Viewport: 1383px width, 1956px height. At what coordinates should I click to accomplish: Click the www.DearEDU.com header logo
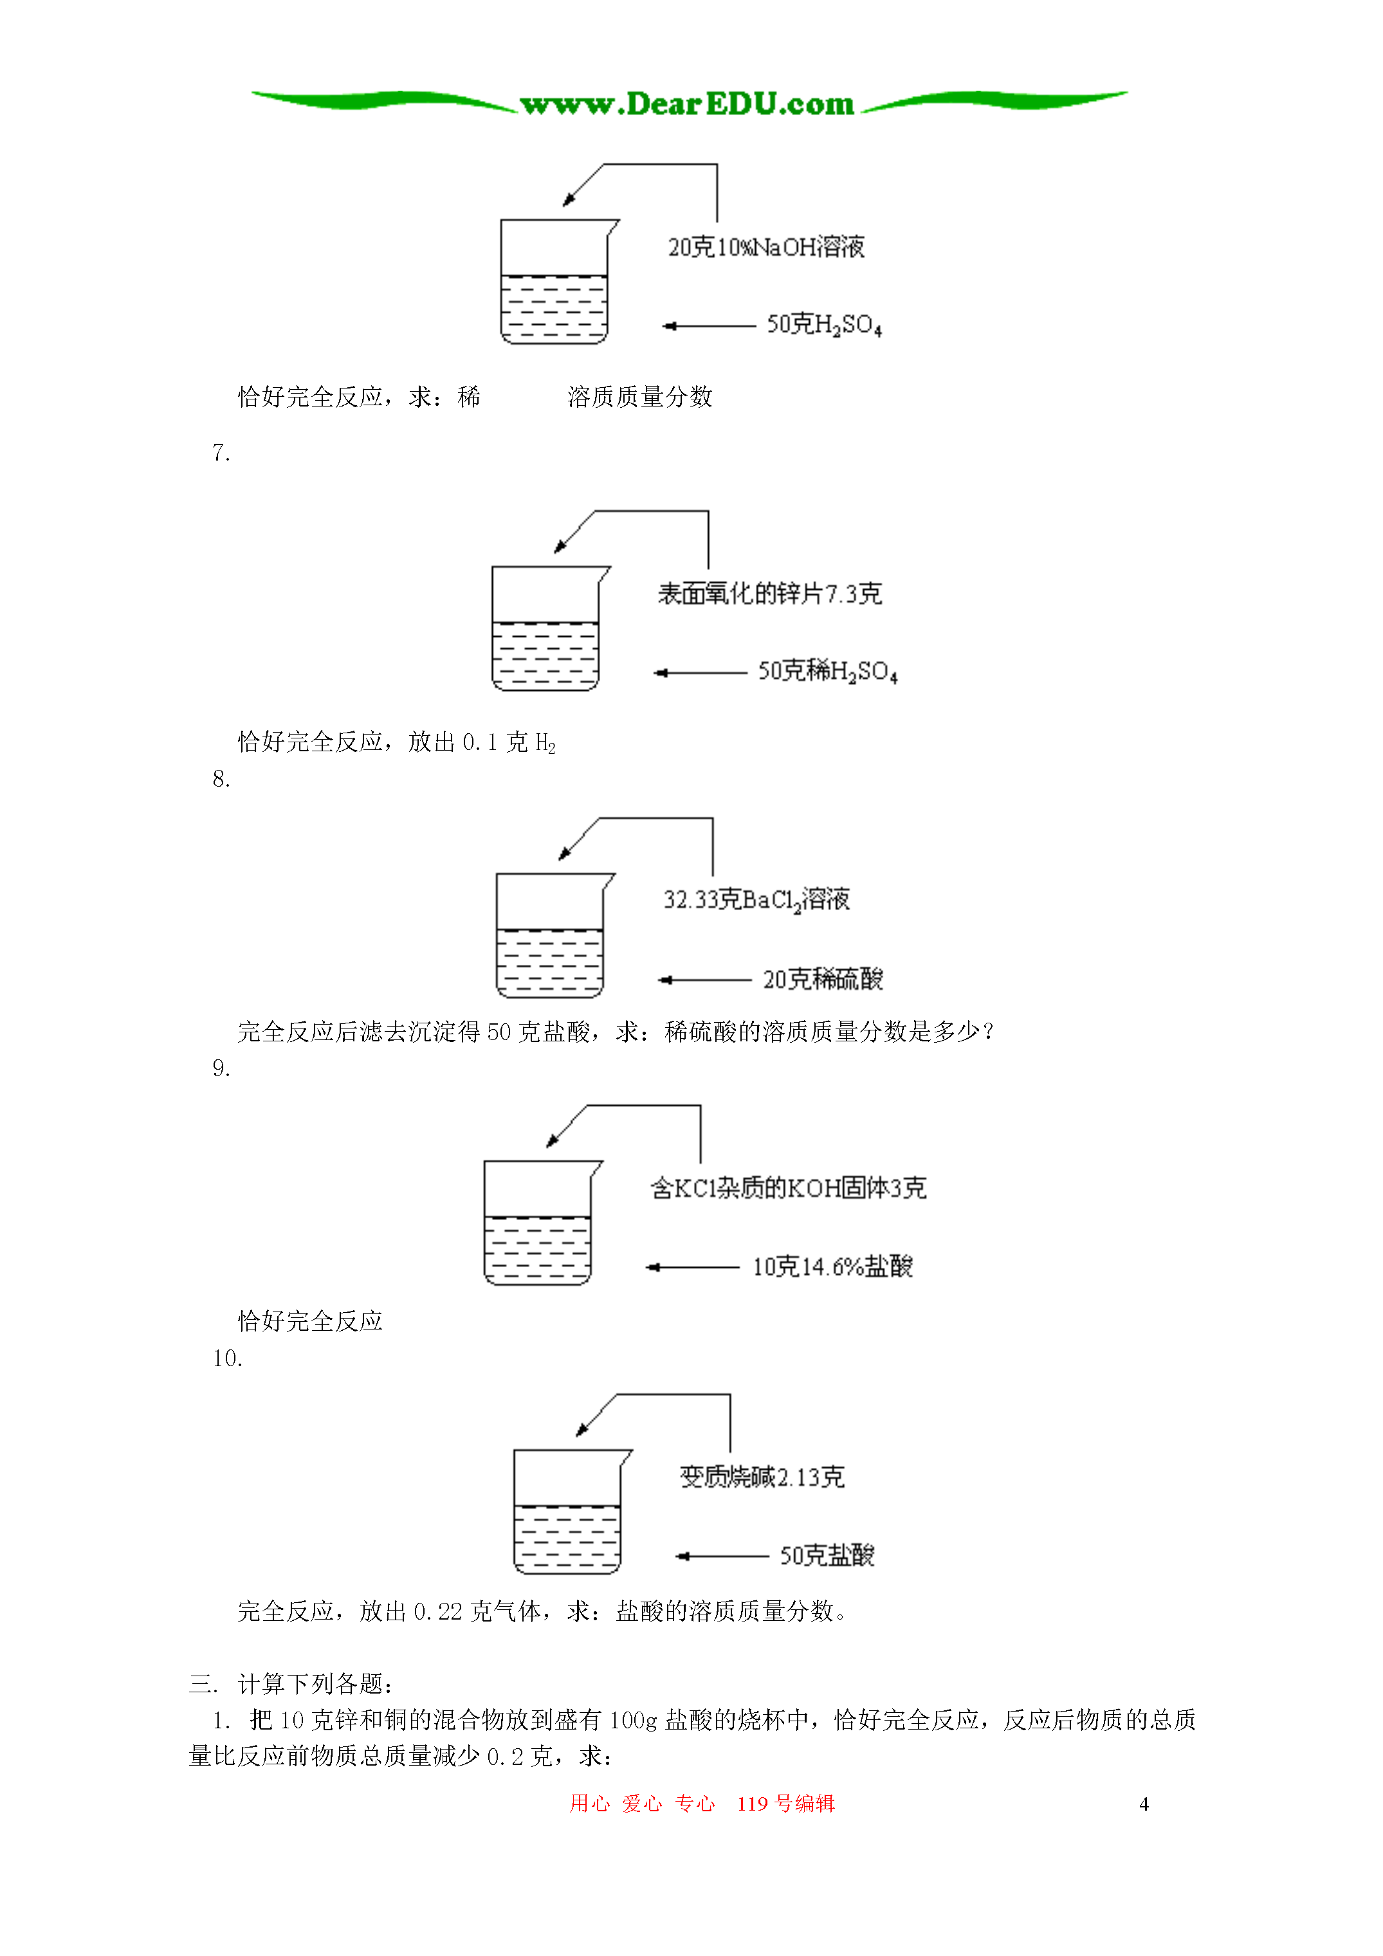point(687,104)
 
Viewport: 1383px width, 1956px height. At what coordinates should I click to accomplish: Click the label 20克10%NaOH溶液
point(765,247)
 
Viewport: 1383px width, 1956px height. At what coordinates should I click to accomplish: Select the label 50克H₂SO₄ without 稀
point(823,325)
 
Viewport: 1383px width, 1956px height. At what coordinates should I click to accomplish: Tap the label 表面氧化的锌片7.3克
point(769,594)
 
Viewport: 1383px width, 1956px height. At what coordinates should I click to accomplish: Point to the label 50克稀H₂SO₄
point(827,672)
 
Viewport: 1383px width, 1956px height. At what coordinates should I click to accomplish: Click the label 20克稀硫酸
point(822,979)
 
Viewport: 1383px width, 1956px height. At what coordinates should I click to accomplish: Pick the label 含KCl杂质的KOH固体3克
point(787,1187)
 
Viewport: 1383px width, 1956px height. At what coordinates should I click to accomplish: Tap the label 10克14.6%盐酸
point(832,1266)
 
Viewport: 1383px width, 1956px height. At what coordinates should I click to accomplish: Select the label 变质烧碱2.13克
point(762,1476)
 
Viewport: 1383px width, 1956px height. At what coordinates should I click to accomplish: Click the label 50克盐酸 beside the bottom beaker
point(827,1555)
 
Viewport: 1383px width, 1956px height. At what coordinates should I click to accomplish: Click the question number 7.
point(221,453)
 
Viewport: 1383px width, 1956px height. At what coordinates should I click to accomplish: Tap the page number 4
point(1144,1804)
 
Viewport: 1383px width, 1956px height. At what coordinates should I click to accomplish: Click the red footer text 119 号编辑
point(785,1804)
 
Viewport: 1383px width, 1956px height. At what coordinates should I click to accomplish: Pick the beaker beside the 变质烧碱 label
point(567,1512)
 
